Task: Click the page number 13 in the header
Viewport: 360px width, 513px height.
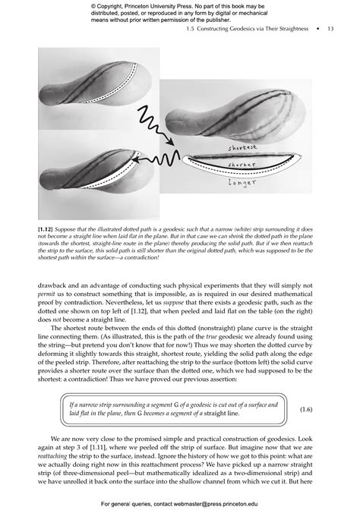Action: (x=330, y=30)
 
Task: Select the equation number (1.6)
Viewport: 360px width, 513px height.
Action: (x=306, y=410)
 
